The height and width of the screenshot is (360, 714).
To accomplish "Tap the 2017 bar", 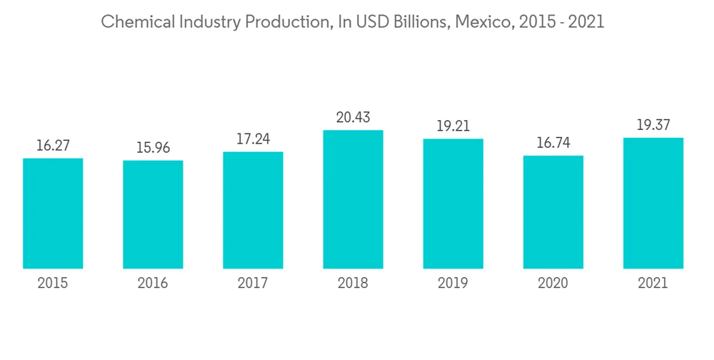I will [253, 210].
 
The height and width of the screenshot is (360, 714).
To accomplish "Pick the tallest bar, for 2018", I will [353, 199].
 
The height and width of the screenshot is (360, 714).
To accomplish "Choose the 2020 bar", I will [553, 212].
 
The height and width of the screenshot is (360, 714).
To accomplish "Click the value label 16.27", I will [53, 146].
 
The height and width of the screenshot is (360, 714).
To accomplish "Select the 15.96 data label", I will [153, 149].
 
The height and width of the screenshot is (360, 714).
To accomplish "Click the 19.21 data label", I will [453, 126].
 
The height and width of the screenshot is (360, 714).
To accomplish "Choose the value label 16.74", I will [553, 144].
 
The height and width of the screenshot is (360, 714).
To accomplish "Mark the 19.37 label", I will [653, 126].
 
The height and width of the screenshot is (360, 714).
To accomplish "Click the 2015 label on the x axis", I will [53, 284].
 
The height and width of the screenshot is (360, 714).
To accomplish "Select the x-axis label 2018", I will [353, 284].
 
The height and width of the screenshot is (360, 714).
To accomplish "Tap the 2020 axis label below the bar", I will [553, 284].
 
